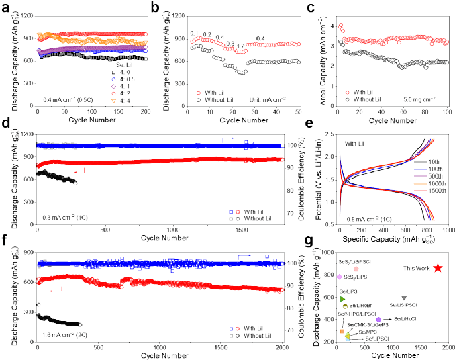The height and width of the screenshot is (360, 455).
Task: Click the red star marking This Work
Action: [x=438, y=268]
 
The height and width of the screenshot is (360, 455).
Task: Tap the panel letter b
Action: [x=156, y=8]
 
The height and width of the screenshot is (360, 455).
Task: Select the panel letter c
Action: [x=309, y=8]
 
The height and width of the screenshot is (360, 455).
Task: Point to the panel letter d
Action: [x=5, y=124]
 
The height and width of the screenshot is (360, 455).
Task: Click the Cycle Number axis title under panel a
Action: [x=92, y=120]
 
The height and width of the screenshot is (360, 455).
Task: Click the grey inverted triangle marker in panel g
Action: [x=403, y=298]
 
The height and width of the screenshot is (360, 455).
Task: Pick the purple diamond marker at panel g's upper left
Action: [x=340, y=277]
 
